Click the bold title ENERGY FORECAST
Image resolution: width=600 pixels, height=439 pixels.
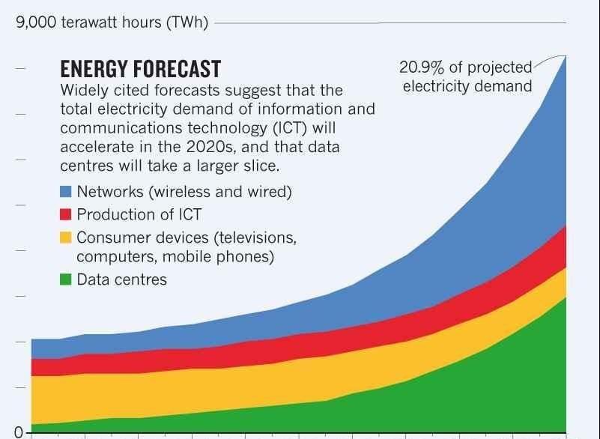(140, 69)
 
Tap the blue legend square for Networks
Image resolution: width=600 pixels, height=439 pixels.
(66, 191)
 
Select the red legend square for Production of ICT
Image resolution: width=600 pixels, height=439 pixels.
(66, 214)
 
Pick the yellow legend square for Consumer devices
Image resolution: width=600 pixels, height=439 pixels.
(66, 237)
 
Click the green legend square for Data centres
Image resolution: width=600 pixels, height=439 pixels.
(66, 279)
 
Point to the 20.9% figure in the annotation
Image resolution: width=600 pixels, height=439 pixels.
(422, 67)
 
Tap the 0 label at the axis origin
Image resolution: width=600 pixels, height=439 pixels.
(19, 432)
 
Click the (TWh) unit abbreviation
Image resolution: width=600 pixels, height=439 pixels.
(187, 22)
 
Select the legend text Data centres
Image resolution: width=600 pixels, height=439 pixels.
(121, 279)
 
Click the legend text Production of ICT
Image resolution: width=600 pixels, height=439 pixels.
(139, 214)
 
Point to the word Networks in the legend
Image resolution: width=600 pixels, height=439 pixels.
(110, 191)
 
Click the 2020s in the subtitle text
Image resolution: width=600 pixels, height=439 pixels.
(210, 147)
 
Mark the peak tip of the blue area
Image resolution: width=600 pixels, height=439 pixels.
(566, 56)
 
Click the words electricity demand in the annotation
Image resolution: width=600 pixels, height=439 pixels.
(467, 86)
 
